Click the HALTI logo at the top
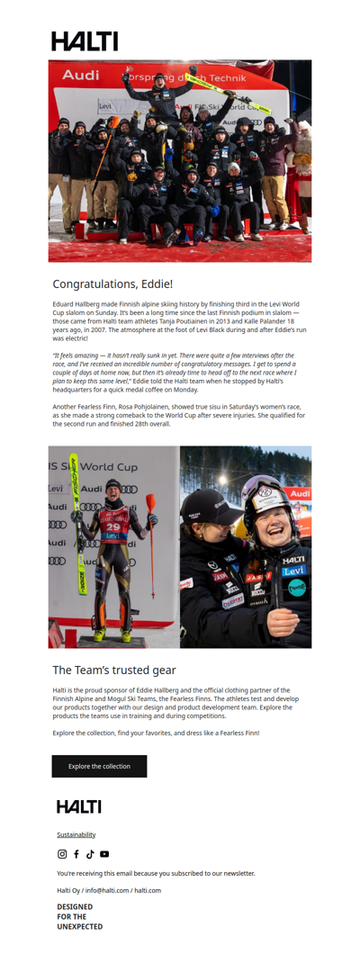85,40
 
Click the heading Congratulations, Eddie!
112,284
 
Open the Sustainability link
76,834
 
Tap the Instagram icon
62,854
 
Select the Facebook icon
76,854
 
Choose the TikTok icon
90,854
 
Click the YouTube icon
104,854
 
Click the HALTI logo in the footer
79,806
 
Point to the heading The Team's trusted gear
114,670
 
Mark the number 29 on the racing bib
114,526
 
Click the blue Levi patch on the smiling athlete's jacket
293,571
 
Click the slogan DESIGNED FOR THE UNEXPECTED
80,916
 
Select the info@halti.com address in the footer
107,890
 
